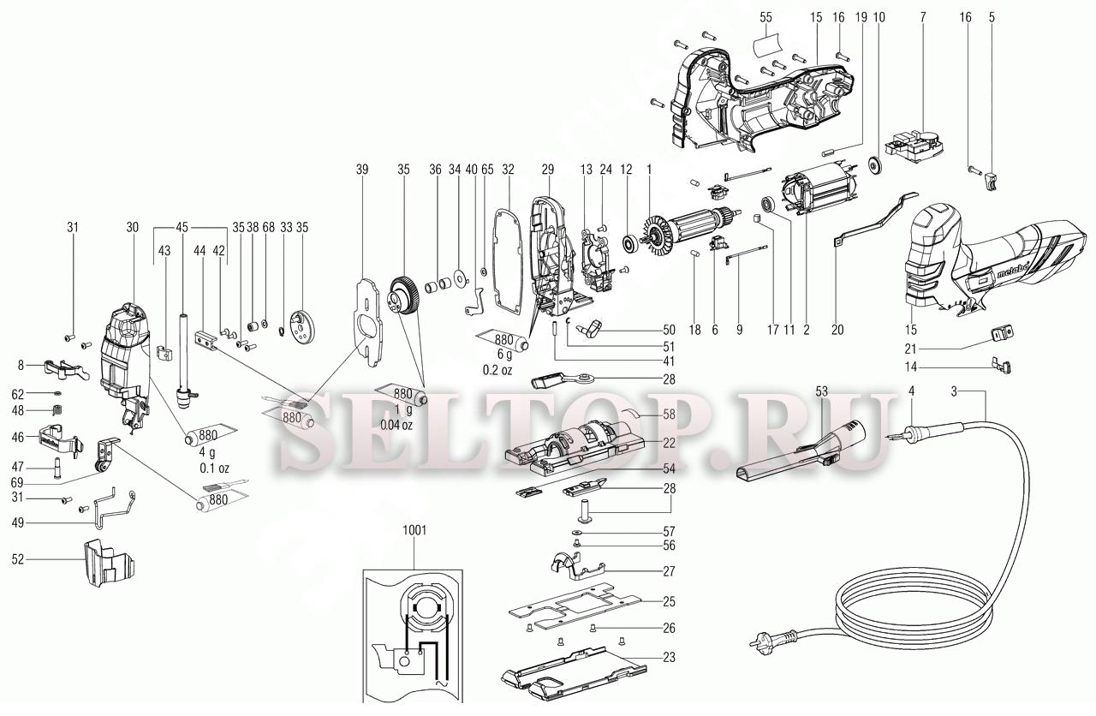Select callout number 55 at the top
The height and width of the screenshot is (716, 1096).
point(765,17)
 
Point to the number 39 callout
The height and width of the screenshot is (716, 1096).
point(362,170)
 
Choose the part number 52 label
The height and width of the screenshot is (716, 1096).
point(17,559)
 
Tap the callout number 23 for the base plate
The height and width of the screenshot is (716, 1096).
point(669,659)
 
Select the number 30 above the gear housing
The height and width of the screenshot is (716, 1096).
point(132,228)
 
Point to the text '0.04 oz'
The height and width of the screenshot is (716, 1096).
point(396,426)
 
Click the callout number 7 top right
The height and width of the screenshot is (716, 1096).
point(923,17)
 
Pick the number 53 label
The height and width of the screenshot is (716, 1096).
point(821,391)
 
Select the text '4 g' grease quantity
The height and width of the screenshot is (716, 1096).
point(207,451)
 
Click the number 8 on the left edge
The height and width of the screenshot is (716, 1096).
point(19,366)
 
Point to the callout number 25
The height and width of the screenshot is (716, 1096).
point(669,600)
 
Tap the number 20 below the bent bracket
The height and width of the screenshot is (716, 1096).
point(837,330)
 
